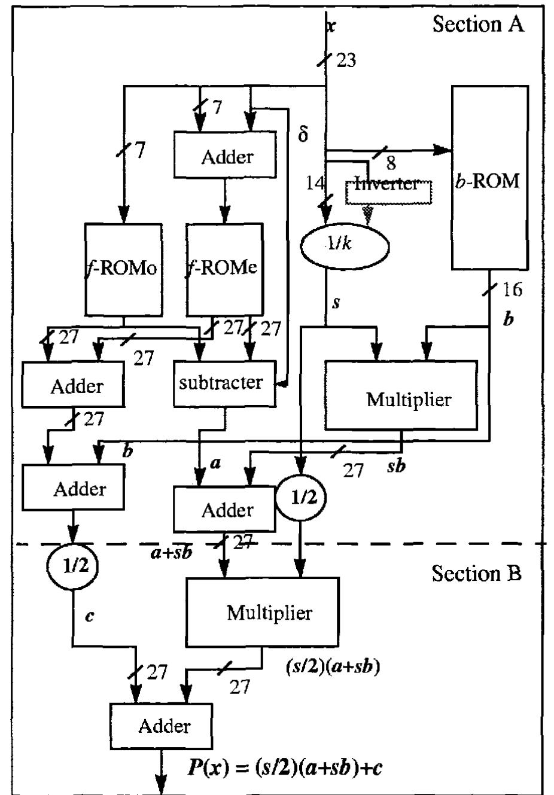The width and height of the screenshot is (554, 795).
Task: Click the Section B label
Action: pyautogui.click(x=476, y=573)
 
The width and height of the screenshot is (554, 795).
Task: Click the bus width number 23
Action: pyautogui.click(x=346, y=60)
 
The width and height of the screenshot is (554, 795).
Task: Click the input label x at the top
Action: pyautogui.click(x=331, y=25)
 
